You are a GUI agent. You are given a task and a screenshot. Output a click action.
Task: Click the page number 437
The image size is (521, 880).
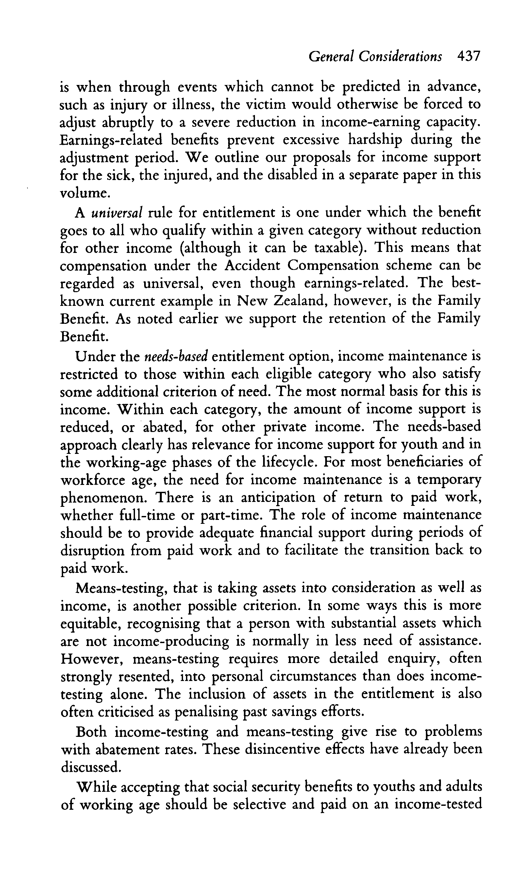(x=468, y=56)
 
